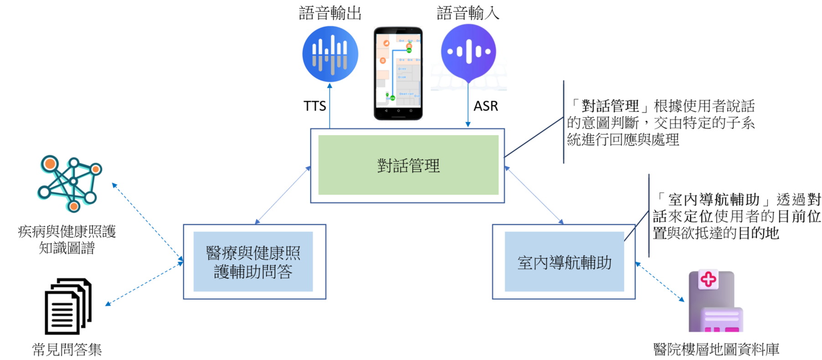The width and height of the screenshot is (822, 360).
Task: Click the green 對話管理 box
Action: (x=408, y=165)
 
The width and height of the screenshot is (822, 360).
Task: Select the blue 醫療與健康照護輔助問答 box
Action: (x=253, y=262)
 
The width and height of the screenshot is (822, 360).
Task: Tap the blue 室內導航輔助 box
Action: (x=564, y=262)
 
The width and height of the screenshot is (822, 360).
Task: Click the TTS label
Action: (x=314, y=106)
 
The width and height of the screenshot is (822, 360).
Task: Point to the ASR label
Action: (x=486, y=106)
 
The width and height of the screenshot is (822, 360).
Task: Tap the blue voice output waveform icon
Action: (x=330, y=54)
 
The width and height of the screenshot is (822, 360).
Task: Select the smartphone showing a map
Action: (x=398, y=73)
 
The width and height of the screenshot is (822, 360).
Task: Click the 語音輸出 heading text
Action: (x=330, y=13)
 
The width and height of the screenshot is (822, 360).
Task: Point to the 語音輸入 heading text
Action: (x=468, y=13)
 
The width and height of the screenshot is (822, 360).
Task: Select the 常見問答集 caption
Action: (x=67, y=350)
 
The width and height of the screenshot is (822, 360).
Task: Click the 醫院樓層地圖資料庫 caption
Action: (x=716, y=350)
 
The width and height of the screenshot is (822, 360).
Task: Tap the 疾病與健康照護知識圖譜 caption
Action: (x=67, y=240)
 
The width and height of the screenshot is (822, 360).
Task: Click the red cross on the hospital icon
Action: (x=708, y=279)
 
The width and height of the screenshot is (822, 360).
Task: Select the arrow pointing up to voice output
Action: (x=329, y=105)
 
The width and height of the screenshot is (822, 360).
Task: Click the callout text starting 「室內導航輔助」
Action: (x=736, y=216)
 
